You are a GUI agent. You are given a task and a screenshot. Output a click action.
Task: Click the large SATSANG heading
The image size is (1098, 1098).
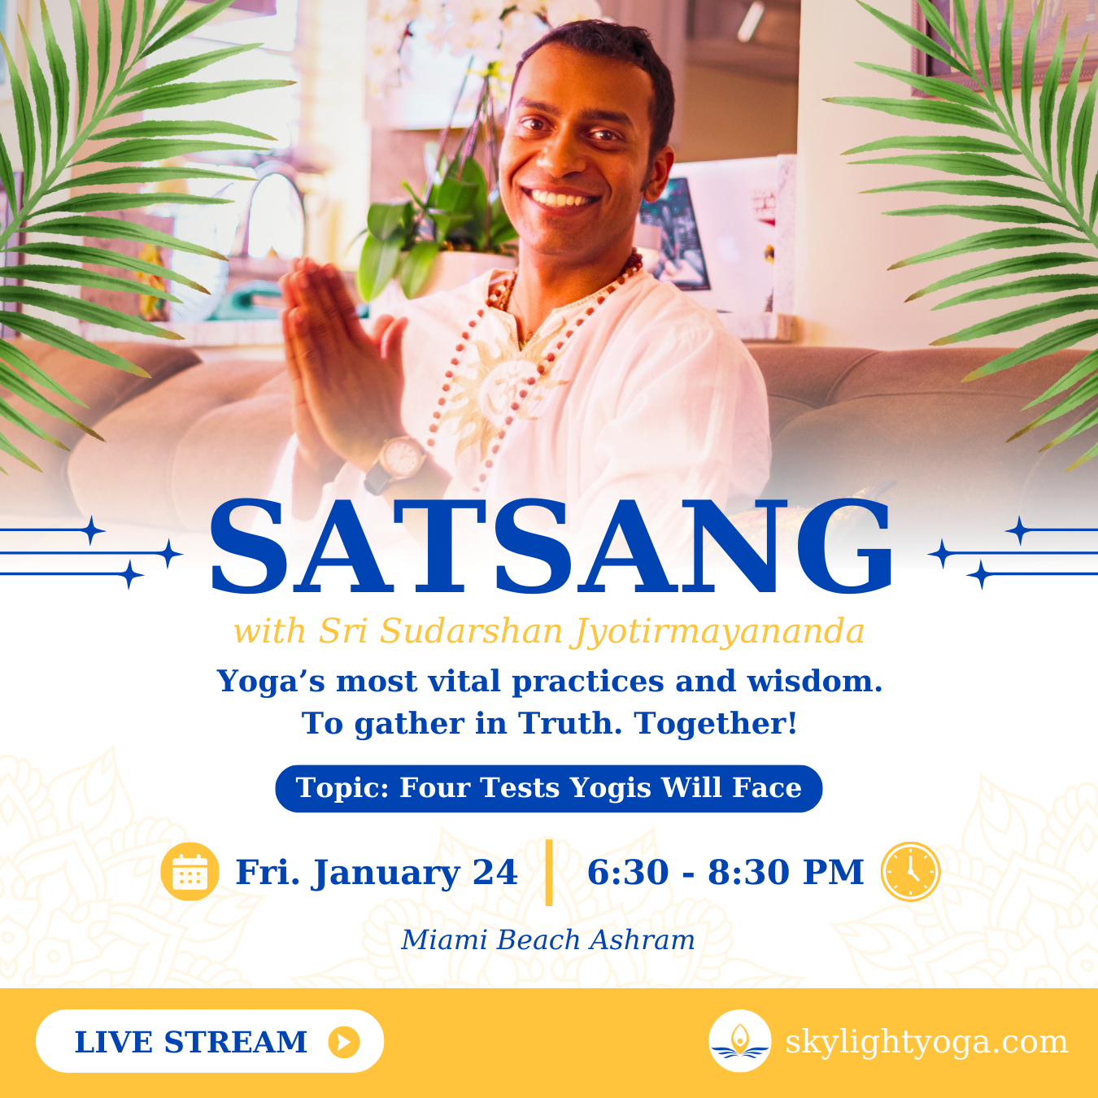pos(551,547)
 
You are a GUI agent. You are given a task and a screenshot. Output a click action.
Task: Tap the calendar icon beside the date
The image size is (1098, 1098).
pos(190,872)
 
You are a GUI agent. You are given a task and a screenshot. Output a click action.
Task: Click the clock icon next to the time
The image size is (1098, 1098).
pos(910,872)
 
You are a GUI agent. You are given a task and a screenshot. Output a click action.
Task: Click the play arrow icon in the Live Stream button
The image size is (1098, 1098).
pos(344,1042)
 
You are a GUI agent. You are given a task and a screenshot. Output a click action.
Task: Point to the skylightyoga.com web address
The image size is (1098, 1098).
pos(926,1042)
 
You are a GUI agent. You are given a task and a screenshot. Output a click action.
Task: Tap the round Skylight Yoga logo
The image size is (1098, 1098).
pos(739,1041)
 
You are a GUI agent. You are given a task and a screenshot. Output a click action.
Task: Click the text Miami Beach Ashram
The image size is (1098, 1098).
pos(548,940)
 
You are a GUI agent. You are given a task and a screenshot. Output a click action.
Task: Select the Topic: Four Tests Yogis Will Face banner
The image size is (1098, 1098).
pos(549,788)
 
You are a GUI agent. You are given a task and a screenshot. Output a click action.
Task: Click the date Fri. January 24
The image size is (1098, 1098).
pos(377,873)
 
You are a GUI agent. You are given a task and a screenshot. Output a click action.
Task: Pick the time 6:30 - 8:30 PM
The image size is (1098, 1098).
pos(725,873)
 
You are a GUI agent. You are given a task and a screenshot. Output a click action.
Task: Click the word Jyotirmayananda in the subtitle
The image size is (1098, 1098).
pos(718,632)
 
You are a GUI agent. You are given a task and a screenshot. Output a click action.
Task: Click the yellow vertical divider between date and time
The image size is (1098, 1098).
pos(549,872)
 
